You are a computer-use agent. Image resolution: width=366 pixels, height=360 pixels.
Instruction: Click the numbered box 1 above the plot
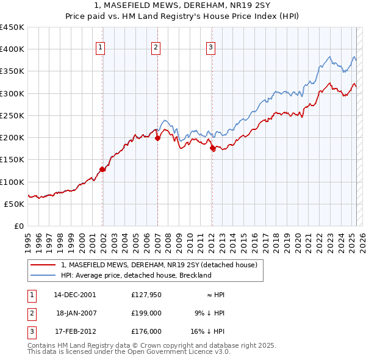click(100, 48)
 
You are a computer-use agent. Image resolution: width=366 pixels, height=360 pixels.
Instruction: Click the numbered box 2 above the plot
click(156, 48)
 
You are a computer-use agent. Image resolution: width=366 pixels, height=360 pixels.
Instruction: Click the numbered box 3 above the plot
click(210, 48)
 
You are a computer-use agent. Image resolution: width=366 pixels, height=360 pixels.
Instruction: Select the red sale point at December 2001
click(102, 169)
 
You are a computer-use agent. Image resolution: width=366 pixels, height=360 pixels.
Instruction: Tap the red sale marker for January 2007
click(157, 138)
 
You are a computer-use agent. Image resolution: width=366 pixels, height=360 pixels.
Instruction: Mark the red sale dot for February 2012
click(212, 148)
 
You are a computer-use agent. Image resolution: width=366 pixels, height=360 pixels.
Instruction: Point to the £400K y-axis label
click(12, 49)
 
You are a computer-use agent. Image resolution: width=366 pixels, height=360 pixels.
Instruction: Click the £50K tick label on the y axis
click(14, 204)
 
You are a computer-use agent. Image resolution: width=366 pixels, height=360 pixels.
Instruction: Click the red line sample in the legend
click(43, 265)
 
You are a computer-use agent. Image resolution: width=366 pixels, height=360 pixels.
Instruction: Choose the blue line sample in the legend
click(43, 275)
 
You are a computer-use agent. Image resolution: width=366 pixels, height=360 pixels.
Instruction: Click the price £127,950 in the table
click(146, 295)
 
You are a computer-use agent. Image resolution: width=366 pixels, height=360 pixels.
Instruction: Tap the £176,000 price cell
click(146, 331)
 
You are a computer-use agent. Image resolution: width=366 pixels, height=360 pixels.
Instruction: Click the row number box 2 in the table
click(31, 313)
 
